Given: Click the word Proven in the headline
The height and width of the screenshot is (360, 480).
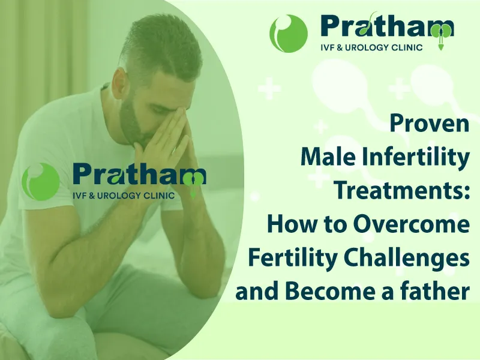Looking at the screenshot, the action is click(x=429, y=124).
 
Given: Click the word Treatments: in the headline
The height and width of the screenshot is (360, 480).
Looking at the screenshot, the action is click(x=401, y=191).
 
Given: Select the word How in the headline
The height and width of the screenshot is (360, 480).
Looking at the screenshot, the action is click(x=288, y=224).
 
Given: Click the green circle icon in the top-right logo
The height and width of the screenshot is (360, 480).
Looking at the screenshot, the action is click(x=289, y=34).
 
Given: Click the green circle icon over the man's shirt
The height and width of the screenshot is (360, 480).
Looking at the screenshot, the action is click(x=40, y=182).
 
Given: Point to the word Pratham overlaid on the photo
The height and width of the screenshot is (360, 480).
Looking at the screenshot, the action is click(x=139, y=175).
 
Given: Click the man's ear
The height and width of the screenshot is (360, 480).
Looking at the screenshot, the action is click(x=120, y=83).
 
